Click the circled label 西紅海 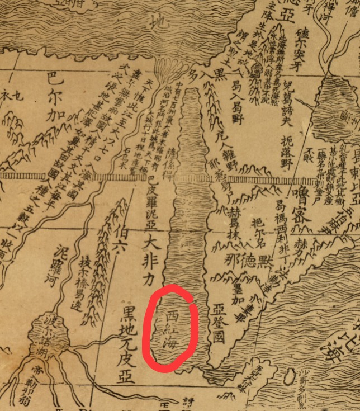pyautogui.click(x=171, y=328)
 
